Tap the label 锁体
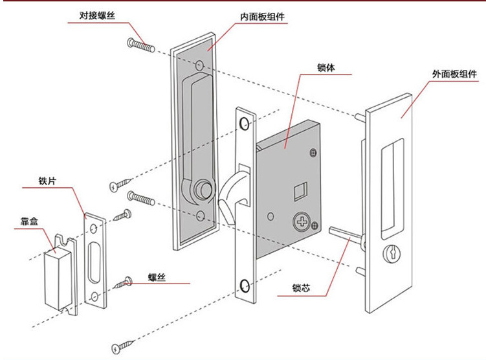(x=326, y=67)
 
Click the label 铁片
(x=47, y=181)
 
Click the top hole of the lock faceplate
(x=244, y=123)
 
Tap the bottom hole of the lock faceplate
(x=244, y=285)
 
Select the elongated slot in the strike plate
(x=94, y=259)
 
